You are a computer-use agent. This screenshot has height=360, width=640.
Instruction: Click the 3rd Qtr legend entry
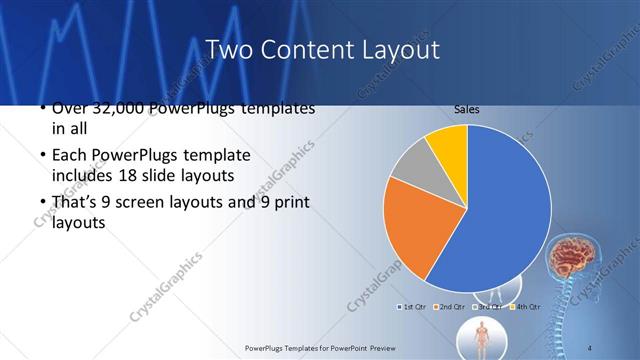click(x=490, y=306)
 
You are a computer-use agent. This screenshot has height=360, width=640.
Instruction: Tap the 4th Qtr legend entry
click(x=527, y=306)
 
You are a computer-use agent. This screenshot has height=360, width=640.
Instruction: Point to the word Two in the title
click(x=229, y=49)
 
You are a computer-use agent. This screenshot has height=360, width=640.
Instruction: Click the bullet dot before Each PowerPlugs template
click(x=40, y=157)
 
